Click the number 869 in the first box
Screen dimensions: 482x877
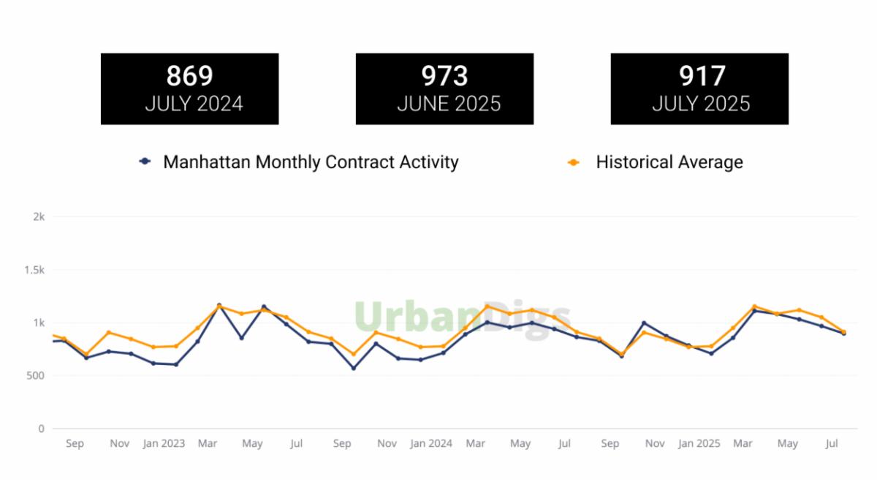(x=189, y=76)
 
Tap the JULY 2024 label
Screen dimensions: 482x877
(x=194, y=104)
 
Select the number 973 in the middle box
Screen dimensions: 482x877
(x=444, y=76)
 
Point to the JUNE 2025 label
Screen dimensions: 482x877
(x=449, y=104)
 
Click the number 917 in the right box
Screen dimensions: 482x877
(x=702, y=76)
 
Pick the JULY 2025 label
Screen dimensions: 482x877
(x=701, y=104)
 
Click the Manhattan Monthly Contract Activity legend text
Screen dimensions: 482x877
(x=311, y=162)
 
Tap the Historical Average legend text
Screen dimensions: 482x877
(x=669, y=162)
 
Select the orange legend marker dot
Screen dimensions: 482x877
(x=574, y=162)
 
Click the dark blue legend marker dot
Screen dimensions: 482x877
(x=145, y=162)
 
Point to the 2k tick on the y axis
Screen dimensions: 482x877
(x=39, y=217)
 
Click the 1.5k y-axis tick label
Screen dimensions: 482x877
(x=35, y=270)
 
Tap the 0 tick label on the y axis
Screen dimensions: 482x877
(x=42, y=429)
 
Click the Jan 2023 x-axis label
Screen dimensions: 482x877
(x=164, y=444)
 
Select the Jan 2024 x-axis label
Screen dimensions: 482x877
(x=431, y=444)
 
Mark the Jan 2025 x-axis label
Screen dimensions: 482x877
(x=699, y=444)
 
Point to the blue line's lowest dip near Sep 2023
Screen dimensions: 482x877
(x=353, y=368)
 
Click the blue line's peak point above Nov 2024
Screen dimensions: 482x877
(x=644, y=323)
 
